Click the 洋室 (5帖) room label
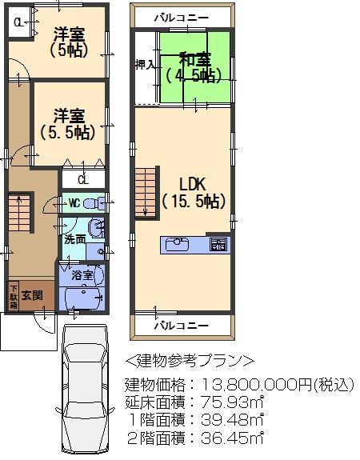(x=70, y=42)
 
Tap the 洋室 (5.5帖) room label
(x=67, y=124)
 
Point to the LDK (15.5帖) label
(x=193, y=191)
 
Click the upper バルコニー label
(x=182, y=17)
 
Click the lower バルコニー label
(x=182, y=326)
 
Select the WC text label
(x=73, y=202)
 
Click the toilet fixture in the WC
(x=94, y=202)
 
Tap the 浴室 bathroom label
(x=82, y=275)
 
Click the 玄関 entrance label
(x=34, y=295)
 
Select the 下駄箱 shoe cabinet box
(x=14, y=295)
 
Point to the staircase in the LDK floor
(x=145, y=191)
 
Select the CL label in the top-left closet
(x=17, y=25)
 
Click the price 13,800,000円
(x=256, y=385)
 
